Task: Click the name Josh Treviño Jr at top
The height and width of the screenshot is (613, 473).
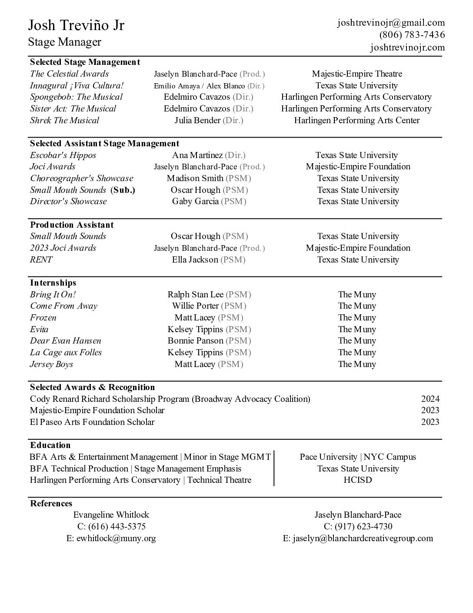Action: [76, 25]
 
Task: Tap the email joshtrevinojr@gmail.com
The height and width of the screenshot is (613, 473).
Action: [391, 23]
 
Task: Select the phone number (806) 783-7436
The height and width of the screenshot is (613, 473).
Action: [412, 35]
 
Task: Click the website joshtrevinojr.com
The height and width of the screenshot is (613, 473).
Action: [407, 47]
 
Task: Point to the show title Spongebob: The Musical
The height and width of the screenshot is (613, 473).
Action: [76, 97]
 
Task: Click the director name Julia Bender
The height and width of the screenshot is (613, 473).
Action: [197, 120]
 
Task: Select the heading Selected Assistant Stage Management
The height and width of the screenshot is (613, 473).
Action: [104, 143]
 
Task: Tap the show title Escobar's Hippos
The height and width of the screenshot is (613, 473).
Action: [63, 155]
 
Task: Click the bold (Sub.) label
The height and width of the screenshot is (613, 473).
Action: [123, 190]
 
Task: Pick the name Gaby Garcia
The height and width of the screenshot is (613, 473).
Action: [195, 201]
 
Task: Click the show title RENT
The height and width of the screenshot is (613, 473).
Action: [41, 259]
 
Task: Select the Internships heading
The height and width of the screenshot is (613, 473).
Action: [53, 283]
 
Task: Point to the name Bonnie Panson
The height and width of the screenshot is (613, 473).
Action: [195, 340]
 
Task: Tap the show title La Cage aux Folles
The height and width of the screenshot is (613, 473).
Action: [66, 352]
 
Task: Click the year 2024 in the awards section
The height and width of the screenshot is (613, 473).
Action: [430, 399]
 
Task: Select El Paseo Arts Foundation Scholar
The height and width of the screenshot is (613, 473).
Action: [92, 422]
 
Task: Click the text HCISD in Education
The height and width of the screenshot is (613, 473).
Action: [357, 480]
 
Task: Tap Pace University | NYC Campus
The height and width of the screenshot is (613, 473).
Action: [357, 457]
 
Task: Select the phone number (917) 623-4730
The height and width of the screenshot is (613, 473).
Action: [363, 526]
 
